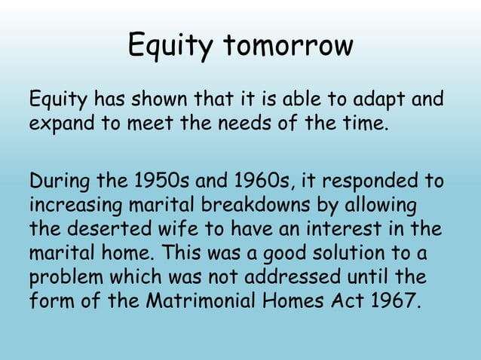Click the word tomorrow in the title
point(286,46)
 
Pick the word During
point(58,182)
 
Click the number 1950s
point(157,182)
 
